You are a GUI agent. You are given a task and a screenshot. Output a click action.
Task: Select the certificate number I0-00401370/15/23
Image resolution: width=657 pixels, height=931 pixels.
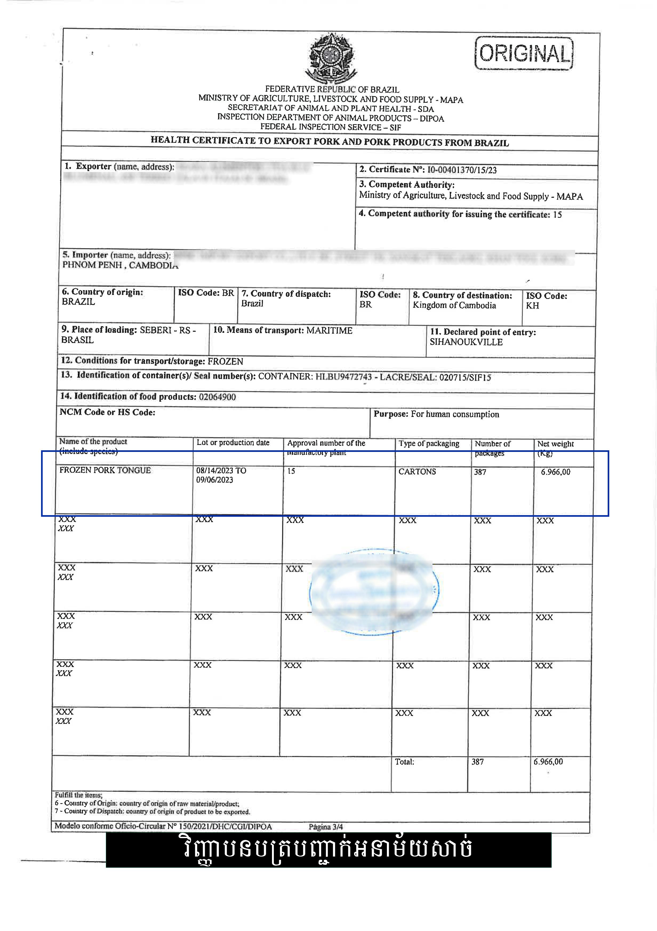tap(462, 170)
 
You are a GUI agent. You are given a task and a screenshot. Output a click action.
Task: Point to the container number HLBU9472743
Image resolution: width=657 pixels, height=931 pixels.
tap(343, 377)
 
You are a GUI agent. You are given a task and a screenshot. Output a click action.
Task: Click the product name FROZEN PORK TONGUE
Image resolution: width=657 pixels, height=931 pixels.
tap(105, 470)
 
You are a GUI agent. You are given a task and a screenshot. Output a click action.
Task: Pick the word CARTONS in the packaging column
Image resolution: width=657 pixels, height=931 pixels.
tap(417, 472)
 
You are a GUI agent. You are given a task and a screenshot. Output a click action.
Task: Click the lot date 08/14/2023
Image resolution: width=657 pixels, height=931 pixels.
tap(215, 470)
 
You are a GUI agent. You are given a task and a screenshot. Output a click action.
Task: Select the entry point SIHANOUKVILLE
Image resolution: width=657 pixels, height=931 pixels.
tap(466, 342)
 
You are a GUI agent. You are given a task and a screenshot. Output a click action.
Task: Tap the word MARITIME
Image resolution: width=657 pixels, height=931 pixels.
tap(329, 330)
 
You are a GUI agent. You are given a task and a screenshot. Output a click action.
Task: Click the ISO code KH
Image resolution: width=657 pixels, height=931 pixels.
tap(532, 306)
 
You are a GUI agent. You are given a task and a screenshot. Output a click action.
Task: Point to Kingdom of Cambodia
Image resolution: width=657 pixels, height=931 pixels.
tap(454, 305)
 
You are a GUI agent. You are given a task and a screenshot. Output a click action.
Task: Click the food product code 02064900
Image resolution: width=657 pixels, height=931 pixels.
tap(217, 397)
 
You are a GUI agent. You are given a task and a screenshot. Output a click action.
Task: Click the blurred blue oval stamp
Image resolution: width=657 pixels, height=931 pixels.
tap(374, 592)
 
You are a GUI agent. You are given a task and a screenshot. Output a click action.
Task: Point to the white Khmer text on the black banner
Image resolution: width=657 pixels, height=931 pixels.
tap(328, 850)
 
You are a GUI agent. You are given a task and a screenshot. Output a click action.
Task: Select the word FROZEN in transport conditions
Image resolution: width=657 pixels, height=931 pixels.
tap(225, 361)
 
